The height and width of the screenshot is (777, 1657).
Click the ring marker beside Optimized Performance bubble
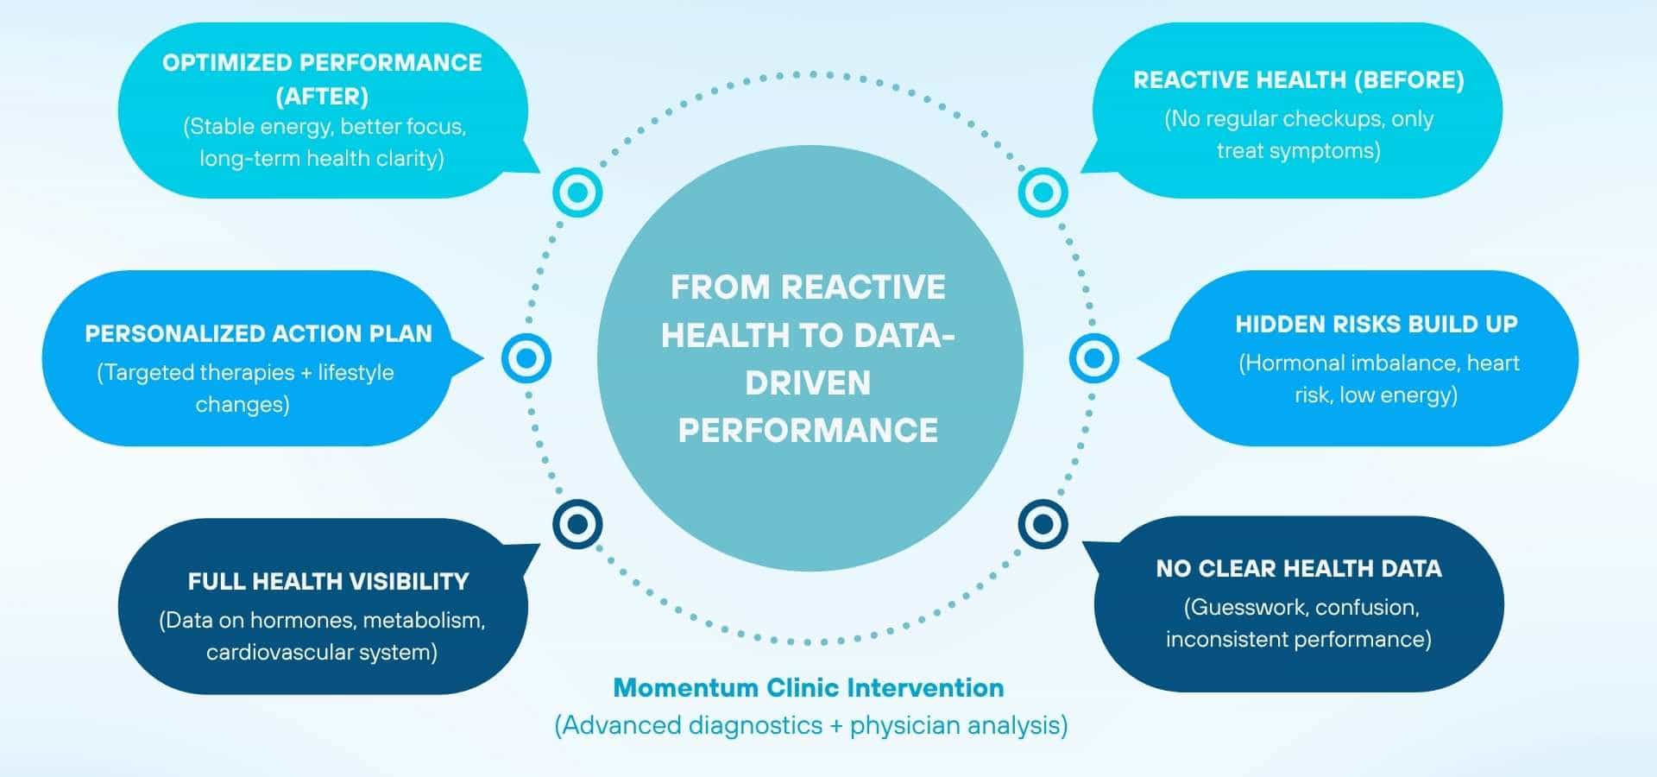tap(577, 192)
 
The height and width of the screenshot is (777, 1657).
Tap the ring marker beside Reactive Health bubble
tap(1043, 192)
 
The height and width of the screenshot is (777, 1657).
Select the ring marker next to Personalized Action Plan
tap(526, 357)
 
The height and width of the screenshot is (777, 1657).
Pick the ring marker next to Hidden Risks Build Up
tap(1093, 357)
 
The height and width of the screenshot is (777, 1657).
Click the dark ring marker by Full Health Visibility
tap(577, 524)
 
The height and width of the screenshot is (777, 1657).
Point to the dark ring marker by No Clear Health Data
tap(1043, 524)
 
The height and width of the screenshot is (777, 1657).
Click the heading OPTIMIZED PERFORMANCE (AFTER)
tap(322, 79)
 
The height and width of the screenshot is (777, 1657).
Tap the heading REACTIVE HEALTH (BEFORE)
tap(1298, 80)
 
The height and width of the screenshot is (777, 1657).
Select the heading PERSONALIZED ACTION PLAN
tap(258, 334)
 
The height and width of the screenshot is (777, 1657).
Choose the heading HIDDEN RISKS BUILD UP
tap(1376, 325)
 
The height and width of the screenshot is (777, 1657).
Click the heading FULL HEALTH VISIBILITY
tap(328, 582)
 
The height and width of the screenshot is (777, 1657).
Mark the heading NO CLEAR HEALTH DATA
tap(1298, 569)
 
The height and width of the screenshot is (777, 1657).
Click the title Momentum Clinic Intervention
tap(809, 688)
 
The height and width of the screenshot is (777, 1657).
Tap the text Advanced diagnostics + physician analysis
tap(810, 725)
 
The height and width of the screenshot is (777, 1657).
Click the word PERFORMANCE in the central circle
tap(808, 431)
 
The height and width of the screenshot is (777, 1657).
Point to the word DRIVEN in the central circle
tap(808, 383)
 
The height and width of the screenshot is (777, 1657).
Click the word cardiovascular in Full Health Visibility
tap(286, 653)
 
